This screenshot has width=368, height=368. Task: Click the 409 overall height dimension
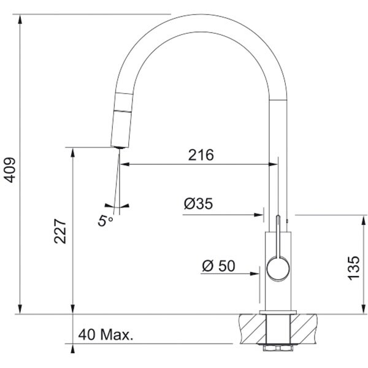[10, 170]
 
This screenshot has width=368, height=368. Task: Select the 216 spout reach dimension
[201, 155]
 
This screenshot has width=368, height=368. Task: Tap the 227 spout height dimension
[60, 231]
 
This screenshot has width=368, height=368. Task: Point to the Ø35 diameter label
[198, 204]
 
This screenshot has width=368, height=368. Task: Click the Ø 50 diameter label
[218, 266]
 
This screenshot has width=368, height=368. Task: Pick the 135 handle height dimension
[354, 268]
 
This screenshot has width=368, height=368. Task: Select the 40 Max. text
[105, 335]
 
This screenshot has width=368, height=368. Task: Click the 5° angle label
[105, 221]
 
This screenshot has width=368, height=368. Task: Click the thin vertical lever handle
[278, 236]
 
